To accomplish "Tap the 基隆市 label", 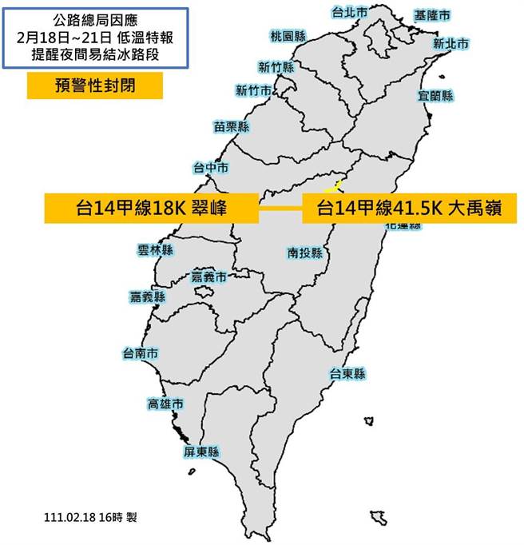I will coord(431,15).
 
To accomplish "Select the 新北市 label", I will coord(450,43).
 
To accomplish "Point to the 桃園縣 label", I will coord(288,36).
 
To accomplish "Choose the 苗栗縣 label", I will coord(232,126).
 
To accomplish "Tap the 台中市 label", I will coord(211,168).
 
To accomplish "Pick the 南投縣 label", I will coord(305,253).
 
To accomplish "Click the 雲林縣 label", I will coord(155,250).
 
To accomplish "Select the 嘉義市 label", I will coord(209,276).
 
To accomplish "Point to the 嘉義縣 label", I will coord(148,296).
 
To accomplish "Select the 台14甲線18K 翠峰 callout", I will coord(152,209).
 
